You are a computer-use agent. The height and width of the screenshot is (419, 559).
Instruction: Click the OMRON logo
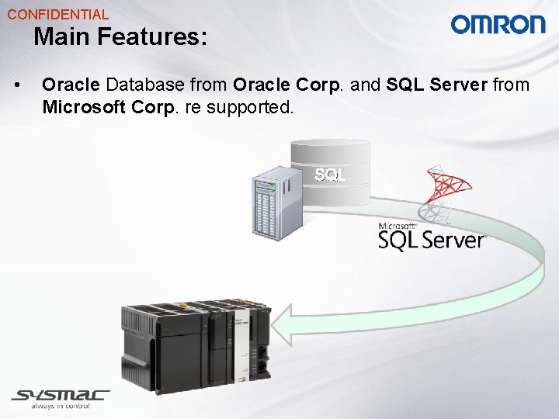pyautogui.click(x=498, y=25)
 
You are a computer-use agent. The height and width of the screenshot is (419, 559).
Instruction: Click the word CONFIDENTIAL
pyautogui.click(x=58, y=14)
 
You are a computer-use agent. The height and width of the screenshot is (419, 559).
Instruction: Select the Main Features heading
pyautogui.click(x=120, y=36)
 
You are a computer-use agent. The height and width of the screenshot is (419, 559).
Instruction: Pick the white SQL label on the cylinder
pyautogui.click(x=330, y=175)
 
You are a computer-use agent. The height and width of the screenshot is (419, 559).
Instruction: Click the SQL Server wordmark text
pyautogui.click(x=431, y=240)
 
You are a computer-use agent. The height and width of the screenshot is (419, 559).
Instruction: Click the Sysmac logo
pyautogui.click(x=61, y=395)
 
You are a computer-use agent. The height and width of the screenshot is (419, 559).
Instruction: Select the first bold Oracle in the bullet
pyautogui.click(x=71, y=84)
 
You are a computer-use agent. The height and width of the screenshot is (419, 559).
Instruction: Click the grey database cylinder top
pyautogui.click(x=330, y=147)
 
